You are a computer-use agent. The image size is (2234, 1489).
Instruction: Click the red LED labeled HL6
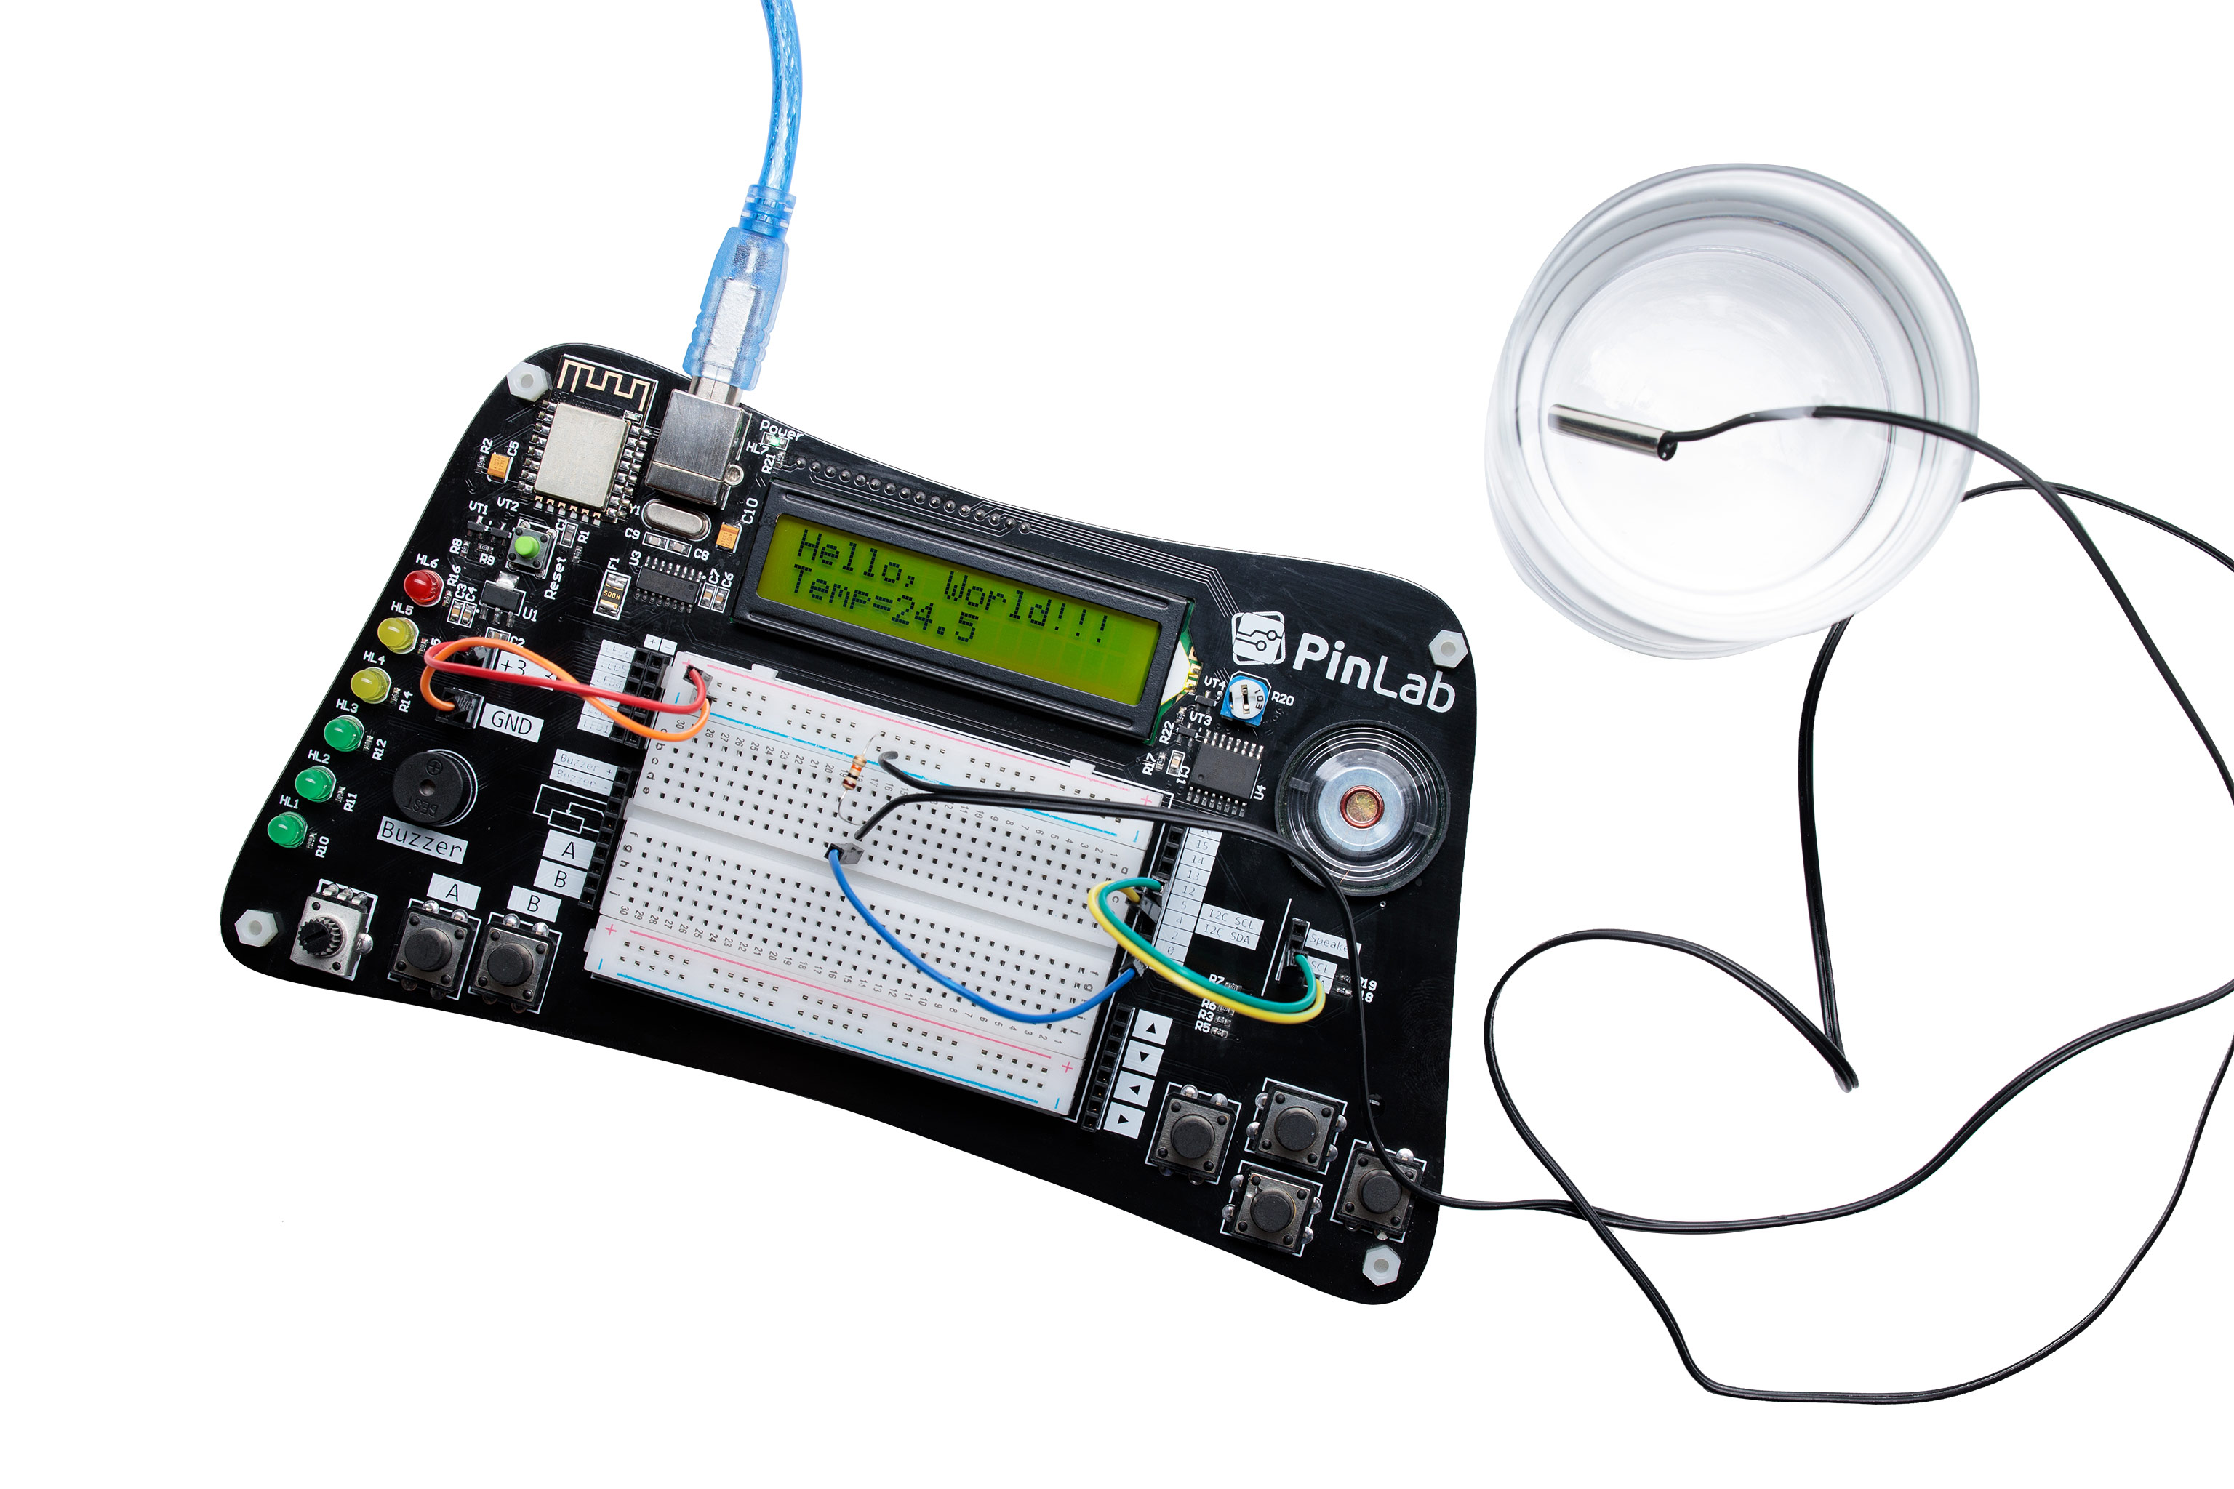pos(423,586)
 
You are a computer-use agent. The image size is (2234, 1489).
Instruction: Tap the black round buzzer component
pos(434,787)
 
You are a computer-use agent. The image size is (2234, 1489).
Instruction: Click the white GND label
pos(512,723)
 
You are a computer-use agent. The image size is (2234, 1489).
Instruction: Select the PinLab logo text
pos(1372,670)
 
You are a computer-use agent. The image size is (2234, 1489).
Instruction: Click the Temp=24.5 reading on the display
pos(884,603)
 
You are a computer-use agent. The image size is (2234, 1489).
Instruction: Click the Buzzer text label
pos(422,840)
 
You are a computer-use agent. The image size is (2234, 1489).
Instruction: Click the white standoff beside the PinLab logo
pos(1446,649)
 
